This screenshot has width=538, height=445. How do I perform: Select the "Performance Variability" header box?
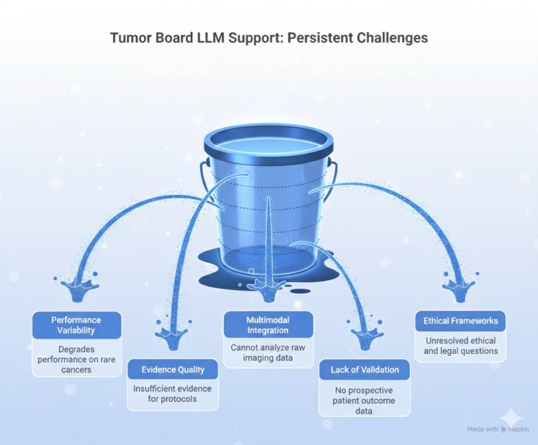tap(76, 325)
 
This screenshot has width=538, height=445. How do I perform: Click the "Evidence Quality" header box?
tap(173, 370)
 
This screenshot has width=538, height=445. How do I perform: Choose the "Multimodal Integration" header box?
tap(268, 325)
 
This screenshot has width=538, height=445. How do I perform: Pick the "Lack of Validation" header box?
tap(364, 370)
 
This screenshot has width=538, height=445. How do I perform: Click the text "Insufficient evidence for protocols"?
tap(173, 394)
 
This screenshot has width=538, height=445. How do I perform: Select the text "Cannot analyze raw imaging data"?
tap(268, 352)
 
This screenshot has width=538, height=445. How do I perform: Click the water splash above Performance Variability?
tap(77, 289)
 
